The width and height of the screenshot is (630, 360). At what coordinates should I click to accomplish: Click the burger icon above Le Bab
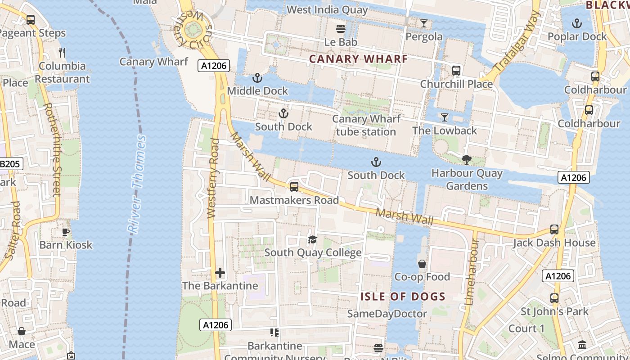tap(341, 29)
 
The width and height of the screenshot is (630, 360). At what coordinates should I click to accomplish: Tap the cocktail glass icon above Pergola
tap(423, 23)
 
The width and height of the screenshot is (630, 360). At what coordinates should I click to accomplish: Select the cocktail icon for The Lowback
tap(445, 117)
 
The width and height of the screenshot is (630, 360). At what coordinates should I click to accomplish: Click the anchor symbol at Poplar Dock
tap(576, 23)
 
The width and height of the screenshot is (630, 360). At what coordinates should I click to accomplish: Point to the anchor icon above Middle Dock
tap(257, 78)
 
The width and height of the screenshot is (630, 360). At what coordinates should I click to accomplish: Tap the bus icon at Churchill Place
tap(456, 71)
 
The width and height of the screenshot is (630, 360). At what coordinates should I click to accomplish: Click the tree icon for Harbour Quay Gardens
tap(466, 159)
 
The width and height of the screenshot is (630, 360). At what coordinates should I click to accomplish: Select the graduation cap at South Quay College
tap(312, 239)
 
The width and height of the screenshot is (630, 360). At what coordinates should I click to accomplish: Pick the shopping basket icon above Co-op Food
tap(422, 263)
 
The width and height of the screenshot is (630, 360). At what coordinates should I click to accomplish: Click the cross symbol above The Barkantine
tap(220, 273)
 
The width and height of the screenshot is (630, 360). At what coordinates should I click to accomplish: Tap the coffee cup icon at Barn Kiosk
tap(66, 232)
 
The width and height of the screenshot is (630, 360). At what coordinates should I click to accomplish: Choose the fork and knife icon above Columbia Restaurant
tap(62, 53)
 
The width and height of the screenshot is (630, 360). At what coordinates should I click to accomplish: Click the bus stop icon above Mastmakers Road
tap(294, 187)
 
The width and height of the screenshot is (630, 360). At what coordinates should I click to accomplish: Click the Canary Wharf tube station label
tap(366, 125)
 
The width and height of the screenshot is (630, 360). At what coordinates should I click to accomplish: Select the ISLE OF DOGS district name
tap(403, 297)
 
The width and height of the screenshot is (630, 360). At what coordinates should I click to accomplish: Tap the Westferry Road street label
tap(213, 179)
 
